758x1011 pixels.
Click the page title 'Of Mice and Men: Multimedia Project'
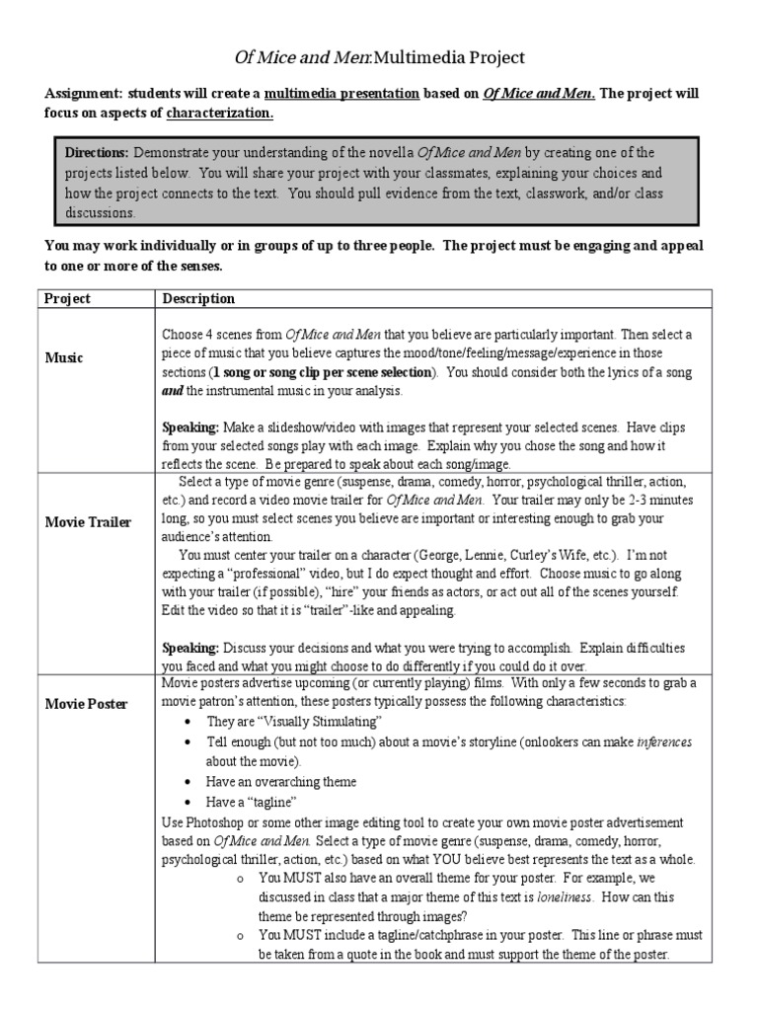click(x=378, y=57)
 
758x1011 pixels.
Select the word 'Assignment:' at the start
click(x=82, y=94)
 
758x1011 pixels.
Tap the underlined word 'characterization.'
click(x=219, y=113)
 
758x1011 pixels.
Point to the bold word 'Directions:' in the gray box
click(x=97, y=153)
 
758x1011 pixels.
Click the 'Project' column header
click(x=68, y=298)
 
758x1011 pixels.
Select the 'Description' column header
click(x=198, y=298)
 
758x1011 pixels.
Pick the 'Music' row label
click(x=64, y=357)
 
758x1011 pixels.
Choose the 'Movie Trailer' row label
click(x=88, y=521)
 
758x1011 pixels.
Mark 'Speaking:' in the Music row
click(x=190, y=428)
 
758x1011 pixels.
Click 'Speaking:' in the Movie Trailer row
click(x=190, y=649)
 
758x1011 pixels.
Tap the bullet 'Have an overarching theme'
click(x=281, y=781)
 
